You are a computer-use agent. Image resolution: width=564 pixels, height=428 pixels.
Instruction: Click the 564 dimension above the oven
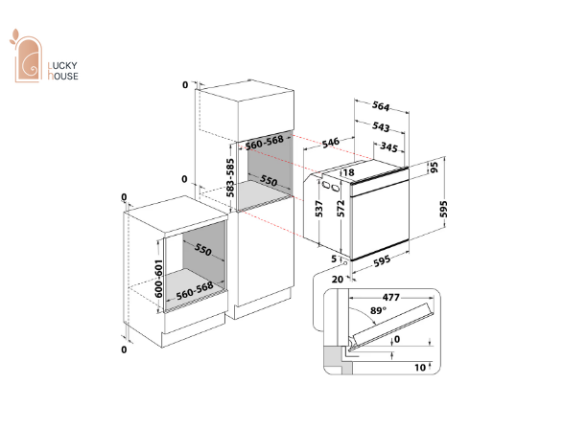(381, 106)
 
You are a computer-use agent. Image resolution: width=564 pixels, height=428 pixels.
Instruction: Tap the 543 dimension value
(381, 126)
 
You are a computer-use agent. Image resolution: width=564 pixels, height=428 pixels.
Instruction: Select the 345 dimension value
(388, 146)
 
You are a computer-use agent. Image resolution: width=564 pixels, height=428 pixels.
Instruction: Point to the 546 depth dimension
(331, 143)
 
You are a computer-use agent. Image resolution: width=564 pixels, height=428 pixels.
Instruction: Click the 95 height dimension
(435, 168)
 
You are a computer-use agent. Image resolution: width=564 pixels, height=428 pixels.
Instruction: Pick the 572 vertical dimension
(341, 209)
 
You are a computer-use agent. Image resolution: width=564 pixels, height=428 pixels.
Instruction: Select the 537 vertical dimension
(318, 209)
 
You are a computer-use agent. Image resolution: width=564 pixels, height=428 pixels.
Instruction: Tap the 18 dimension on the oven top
(348, 172)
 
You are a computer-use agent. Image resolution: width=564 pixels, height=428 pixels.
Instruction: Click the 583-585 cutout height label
(230, 178)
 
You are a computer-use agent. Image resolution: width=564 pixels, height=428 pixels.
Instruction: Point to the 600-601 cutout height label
(158, 279)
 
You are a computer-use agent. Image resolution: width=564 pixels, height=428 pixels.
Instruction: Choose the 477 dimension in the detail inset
(390, 297)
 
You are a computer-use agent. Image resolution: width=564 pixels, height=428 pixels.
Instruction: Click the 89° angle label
(378, 310)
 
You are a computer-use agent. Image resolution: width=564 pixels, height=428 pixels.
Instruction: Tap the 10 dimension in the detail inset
(420, 368)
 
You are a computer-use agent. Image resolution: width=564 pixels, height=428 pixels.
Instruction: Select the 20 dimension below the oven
(338, 279)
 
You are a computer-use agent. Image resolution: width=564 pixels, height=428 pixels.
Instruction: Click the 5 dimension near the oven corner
(334, 259)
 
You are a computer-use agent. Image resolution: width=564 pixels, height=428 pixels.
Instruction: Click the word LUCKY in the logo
(62, 65)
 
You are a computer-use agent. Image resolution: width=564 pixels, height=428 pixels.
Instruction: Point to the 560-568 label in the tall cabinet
(265, 143)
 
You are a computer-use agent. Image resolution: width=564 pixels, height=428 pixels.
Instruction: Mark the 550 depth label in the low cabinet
(203, 249)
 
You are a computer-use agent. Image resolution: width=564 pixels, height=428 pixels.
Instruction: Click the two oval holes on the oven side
(331, 187)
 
